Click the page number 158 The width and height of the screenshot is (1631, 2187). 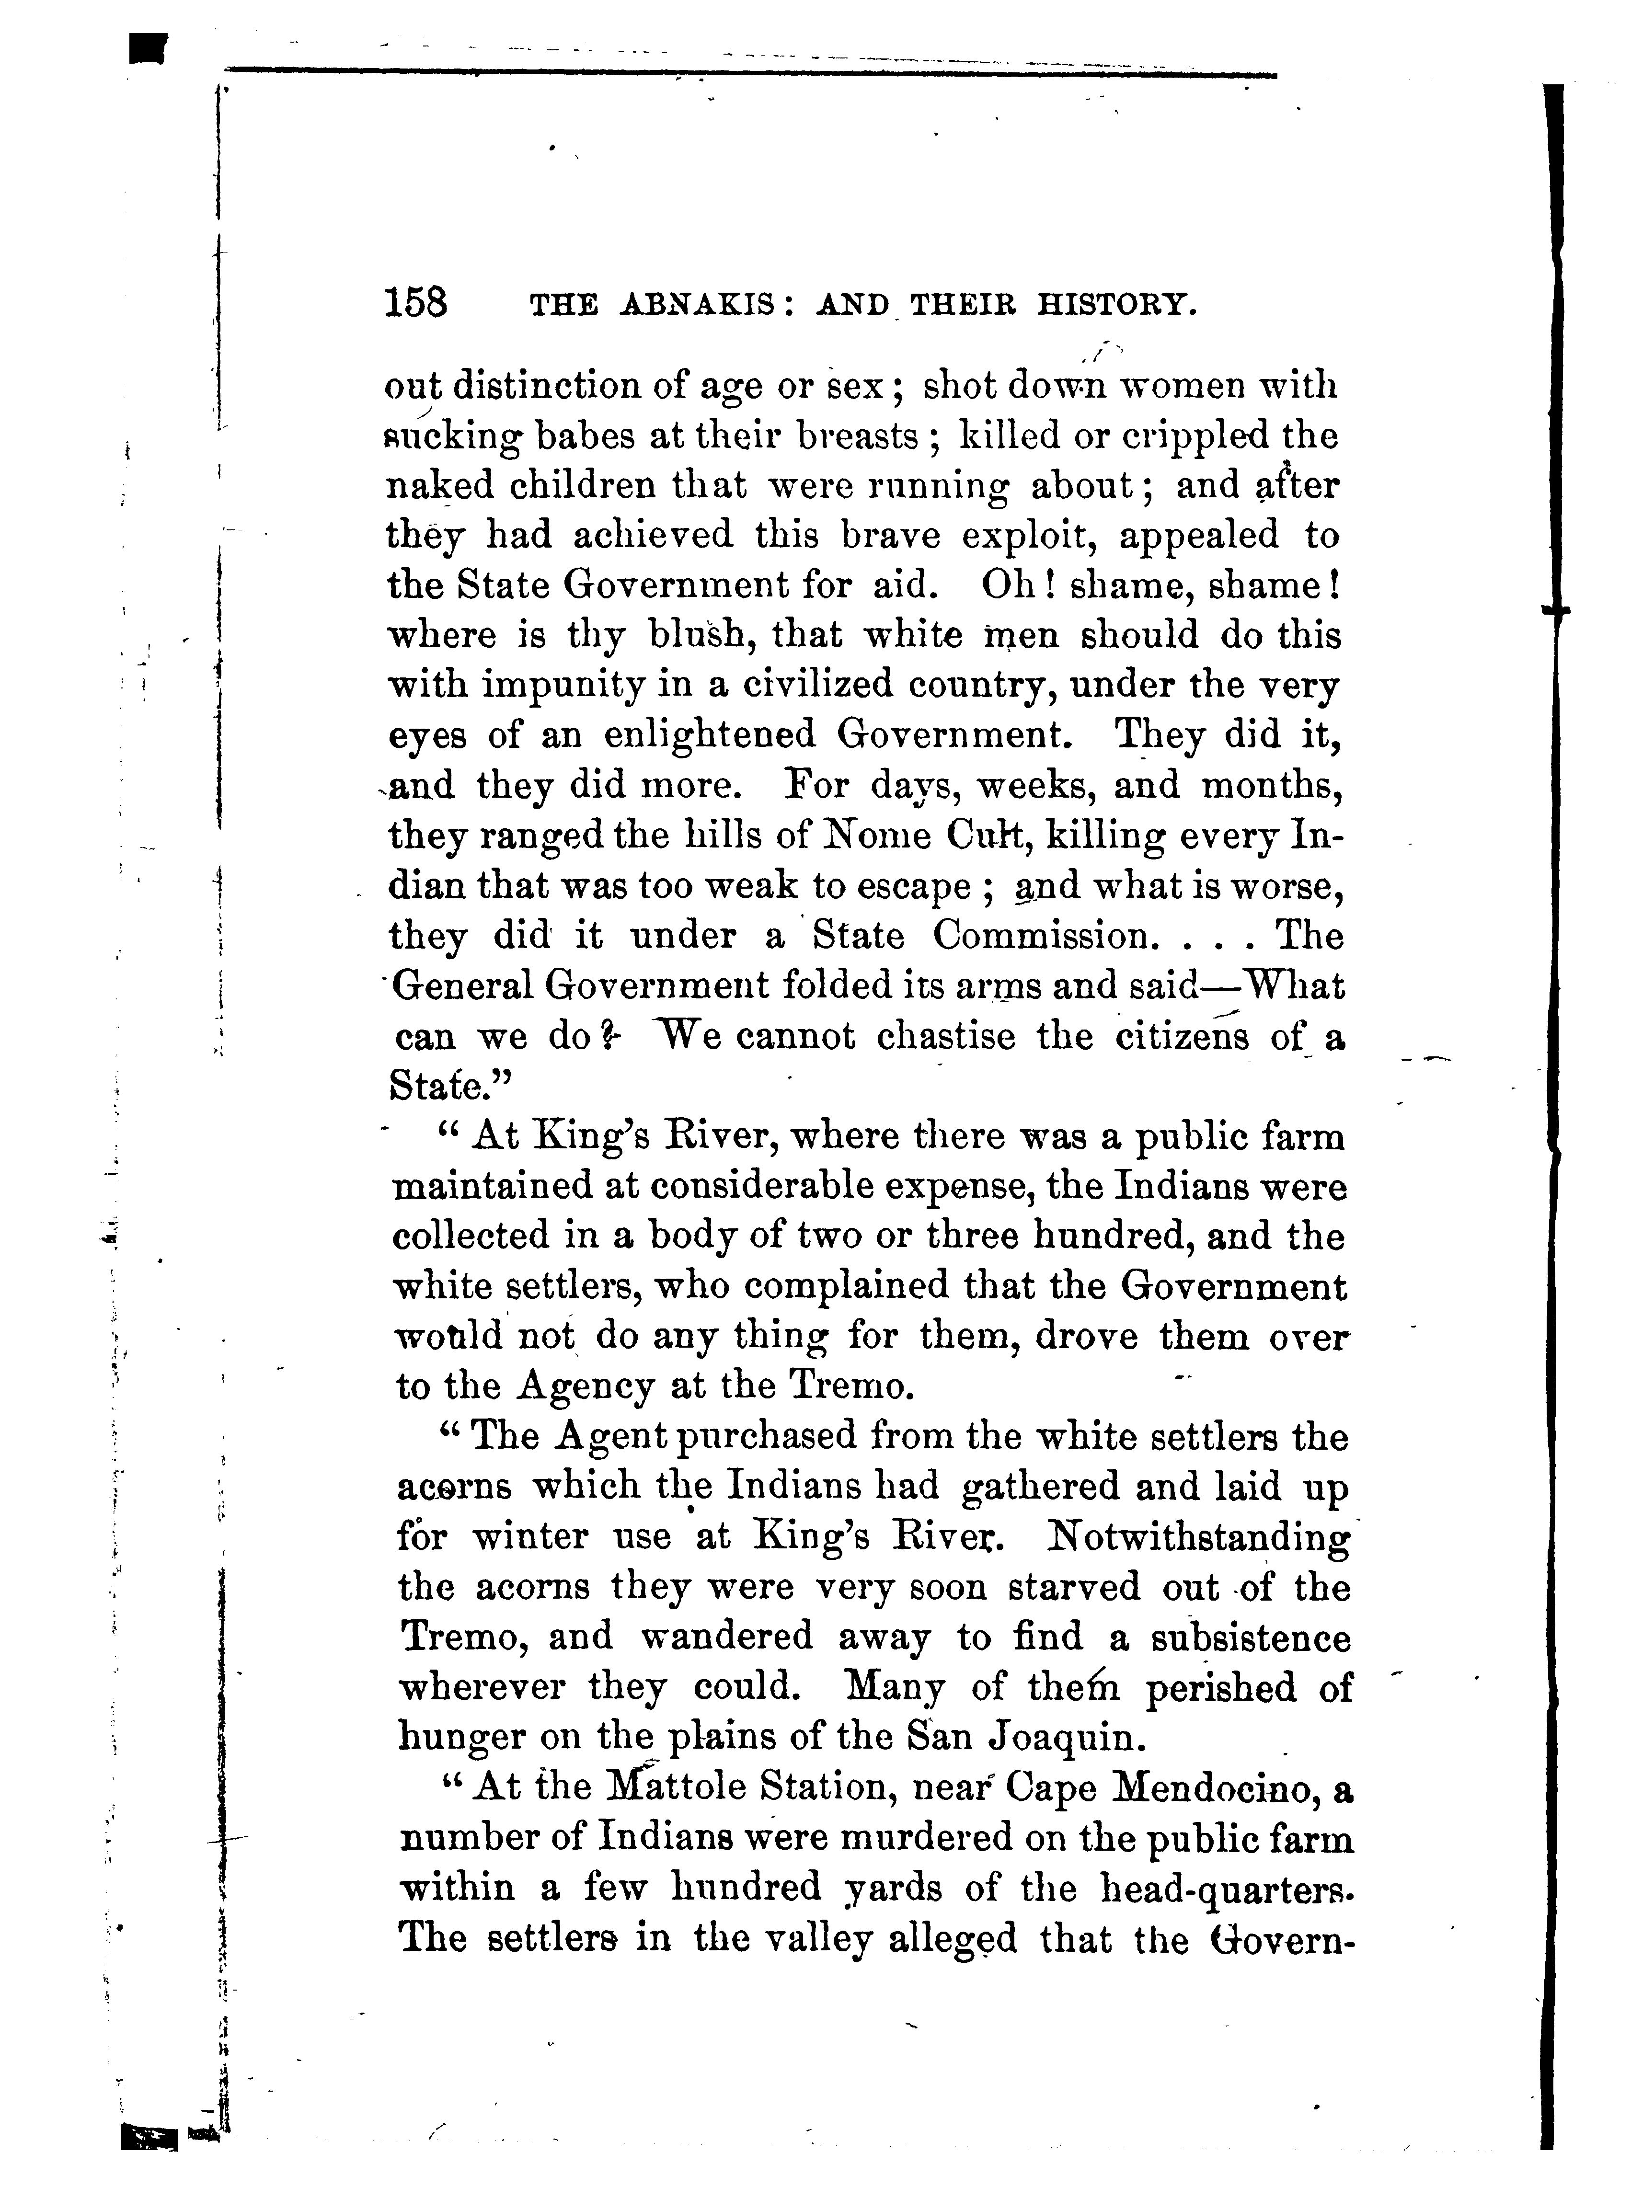[x=415, y=302]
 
